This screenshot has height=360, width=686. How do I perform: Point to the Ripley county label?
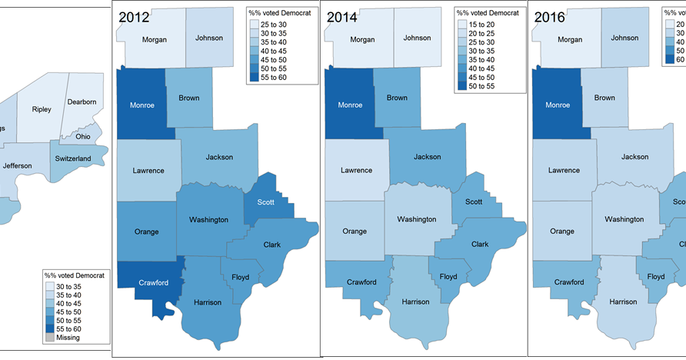(x=42, y=109)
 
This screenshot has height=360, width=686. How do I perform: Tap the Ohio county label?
(x=82, y=137)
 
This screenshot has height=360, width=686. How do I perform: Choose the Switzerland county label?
(x=73, y=158)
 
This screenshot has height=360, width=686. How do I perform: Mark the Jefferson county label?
(x=18, y=165)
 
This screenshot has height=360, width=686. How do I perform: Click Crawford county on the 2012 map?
(x=153, y=282)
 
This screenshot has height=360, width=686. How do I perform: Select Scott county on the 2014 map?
(x=473, y=202)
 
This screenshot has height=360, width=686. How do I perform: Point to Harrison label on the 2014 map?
(x=415, y=302)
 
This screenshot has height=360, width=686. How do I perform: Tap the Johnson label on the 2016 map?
(x=624, y=38)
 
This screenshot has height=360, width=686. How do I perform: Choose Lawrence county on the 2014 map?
(x=356, y=170)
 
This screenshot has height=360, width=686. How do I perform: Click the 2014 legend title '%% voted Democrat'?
(x=487, y=12)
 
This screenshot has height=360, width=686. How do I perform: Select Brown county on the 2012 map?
(x=189, y=98)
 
